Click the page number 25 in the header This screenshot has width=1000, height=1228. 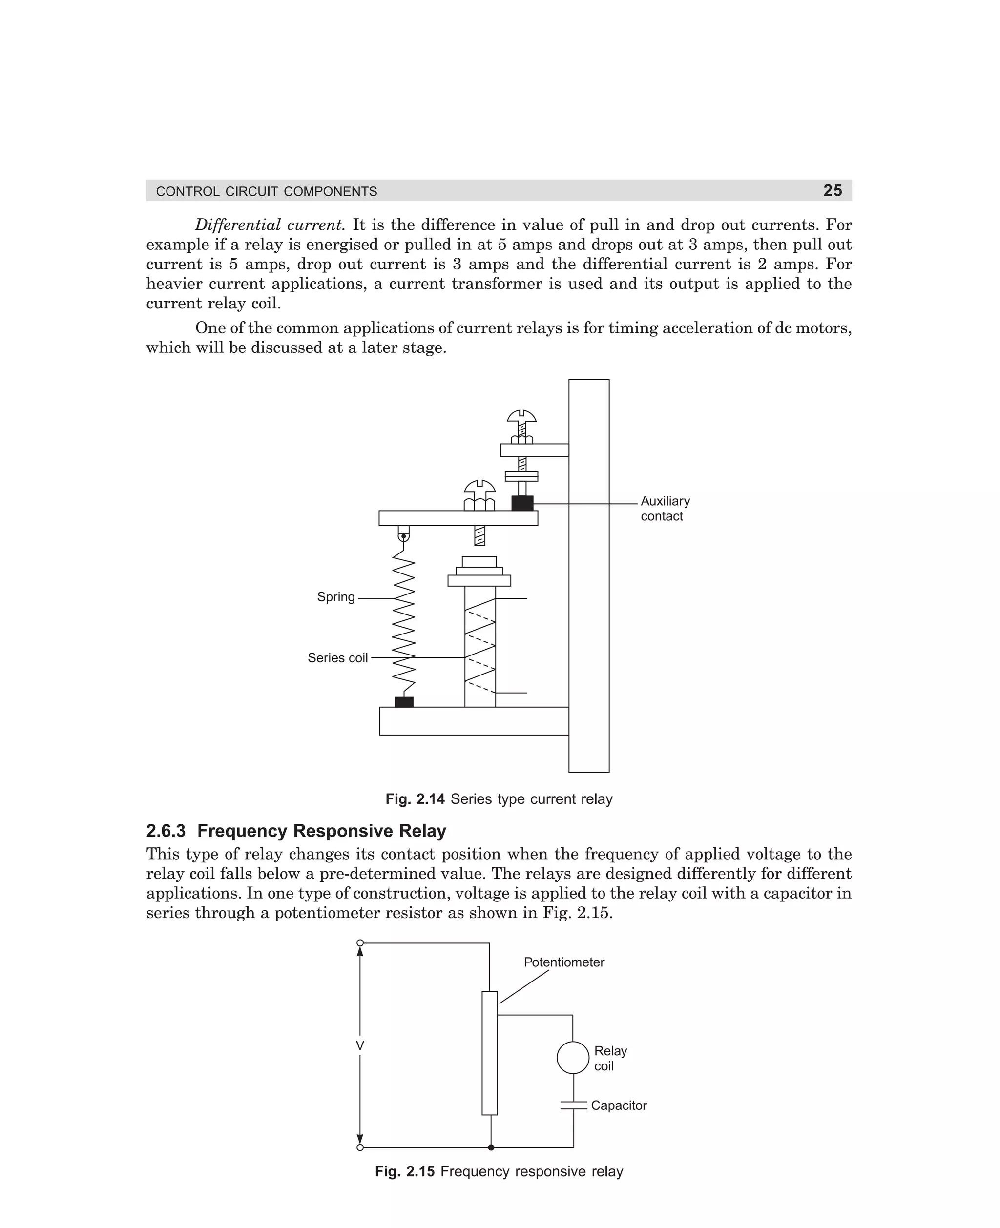[x=833, y=190]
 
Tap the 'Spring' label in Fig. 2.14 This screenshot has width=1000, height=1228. [x=336, y=597]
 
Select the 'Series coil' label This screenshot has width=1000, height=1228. [x=337, y=658]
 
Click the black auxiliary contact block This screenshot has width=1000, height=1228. [x=522, y=503]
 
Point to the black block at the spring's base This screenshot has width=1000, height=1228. [x=404, y=702]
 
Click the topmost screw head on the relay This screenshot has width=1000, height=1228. [x=522, y=416]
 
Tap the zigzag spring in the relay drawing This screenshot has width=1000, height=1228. [x=404, y=622]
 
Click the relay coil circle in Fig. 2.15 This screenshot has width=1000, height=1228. [x=573, y=1058]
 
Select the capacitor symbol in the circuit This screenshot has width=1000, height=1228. [x=574, y=1105]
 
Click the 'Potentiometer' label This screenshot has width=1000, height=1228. [x=564, y=962]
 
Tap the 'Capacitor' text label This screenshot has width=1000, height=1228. [x=619, y=1105]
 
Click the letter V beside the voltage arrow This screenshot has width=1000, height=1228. [x=360, y=1045]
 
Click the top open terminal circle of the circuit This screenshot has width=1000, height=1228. [x=360, y=943]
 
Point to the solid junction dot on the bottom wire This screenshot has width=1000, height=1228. [x=491, y=1147]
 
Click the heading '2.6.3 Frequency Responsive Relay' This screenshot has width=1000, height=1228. [x=296, y=831]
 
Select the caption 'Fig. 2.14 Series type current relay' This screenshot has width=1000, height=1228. [x=499, y=799]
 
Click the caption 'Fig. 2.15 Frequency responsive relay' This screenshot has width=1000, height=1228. [x=499, y=1171]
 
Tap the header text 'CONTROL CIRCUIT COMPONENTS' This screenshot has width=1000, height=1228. [x=267, y=191]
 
